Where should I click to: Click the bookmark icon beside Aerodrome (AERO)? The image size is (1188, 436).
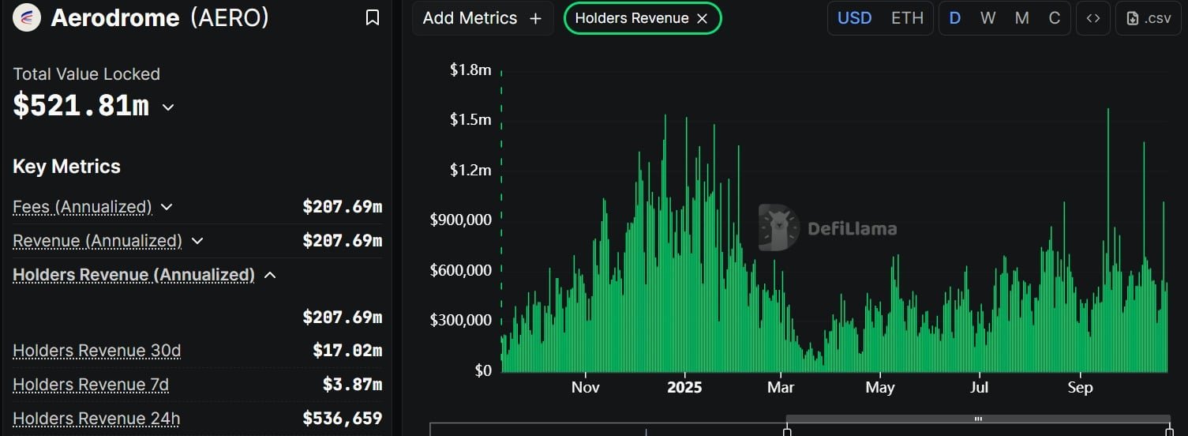pos(373,17)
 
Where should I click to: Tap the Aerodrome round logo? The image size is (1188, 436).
pos(27,17)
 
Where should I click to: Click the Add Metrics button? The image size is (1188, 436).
pos(482,18)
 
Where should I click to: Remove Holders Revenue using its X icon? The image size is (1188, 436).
pos(703,19)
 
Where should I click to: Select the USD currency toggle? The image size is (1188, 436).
pos(854,18)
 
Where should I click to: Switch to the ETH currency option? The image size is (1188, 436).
pos(907,18)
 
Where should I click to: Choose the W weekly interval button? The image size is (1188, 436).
pos(988,18)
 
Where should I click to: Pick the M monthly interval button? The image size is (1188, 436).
pos(1022,18)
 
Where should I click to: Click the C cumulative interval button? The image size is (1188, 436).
pos(1055,18)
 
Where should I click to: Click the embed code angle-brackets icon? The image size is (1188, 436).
pos(1093,18)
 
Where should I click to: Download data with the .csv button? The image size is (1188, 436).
pos(1149,18)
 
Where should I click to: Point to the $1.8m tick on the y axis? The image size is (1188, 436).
pos(470,70)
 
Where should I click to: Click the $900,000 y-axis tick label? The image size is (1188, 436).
pos(460,219)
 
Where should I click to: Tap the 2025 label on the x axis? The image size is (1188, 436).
pos(684,387)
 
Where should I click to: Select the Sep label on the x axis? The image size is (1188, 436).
pos(1081,387)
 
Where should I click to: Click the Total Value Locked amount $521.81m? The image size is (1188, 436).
pos(81,105)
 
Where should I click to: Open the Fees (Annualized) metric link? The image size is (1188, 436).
pos(82,206)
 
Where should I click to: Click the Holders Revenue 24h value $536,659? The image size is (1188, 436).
pos(342,418)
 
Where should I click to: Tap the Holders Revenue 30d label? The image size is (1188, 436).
pos(96,351)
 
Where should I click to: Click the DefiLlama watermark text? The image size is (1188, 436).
pos(853,228)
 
